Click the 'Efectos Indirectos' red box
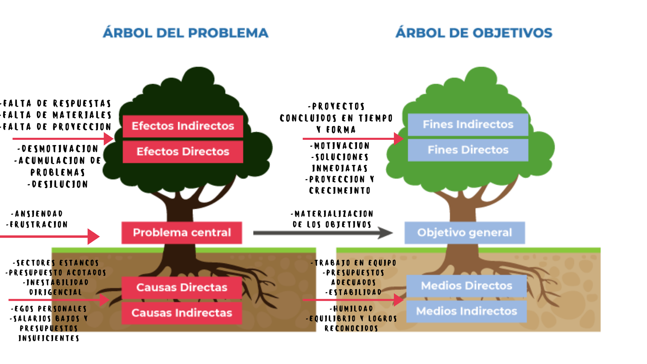point(183,126)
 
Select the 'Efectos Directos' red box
point(183,152)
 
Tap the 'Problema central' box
point(182,233)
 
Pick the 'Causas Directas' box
point(182,288)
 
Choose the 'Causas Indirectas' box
point(182,313)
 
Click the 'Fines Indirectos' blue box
point(468,124)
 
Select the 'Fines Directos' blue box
point(468,150)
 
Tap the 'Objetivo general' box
point(464,233)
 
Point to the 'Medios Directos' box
point(466,286)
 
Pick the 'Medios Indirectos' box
point(466,311)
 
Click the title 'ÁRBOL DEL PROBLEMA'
point(186,33)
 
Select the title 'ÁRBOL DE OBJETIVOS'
point(474,33)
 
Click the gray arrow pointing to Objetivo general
point(322,233)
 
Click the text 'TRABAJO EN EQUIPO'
point(354,263)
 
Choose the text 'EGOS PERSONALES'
point(49,309)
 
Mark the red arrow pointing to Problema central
point(51,236)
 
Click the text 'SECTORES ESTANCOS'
point(56,263)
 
